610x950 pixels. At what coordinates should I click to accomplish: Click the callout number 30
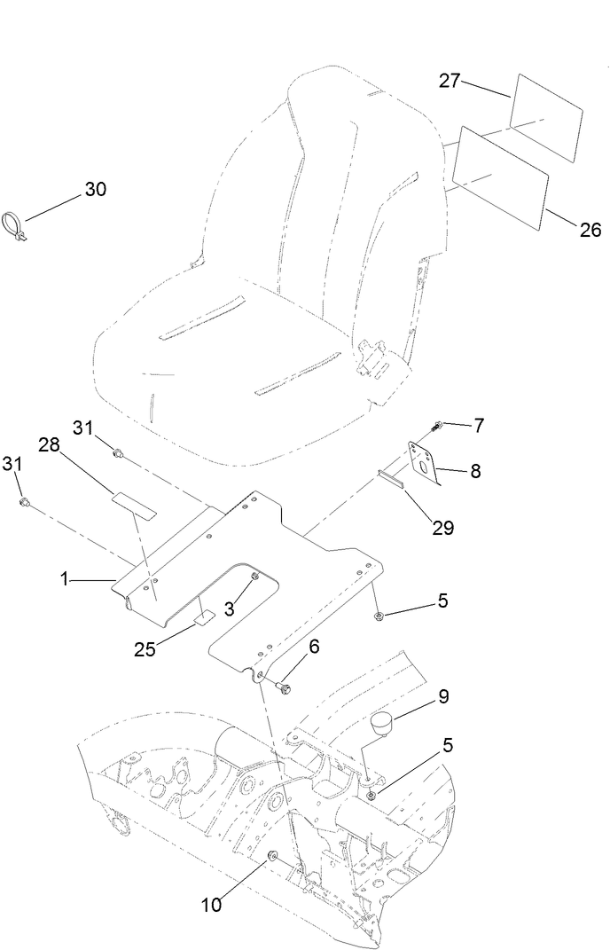coord(95,189)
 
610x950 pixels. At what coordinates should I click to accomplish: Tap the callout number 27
coord(450,81)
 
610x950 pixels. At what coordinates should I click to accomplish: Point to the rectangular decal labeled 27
coord(546,118)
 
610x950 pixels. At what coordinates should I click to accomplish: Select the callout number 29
coord(442,528)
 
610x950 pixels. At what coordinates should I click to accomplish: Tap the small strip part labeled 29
coord(390,480)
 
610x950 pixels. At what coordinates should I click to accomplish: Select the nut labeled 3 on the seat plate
coord(254,578)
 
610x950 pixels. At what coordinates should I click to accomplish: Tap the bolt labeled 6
coord(283,687)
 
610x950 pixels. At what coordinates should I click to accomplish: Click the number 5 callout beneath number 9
coord(448,746)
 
